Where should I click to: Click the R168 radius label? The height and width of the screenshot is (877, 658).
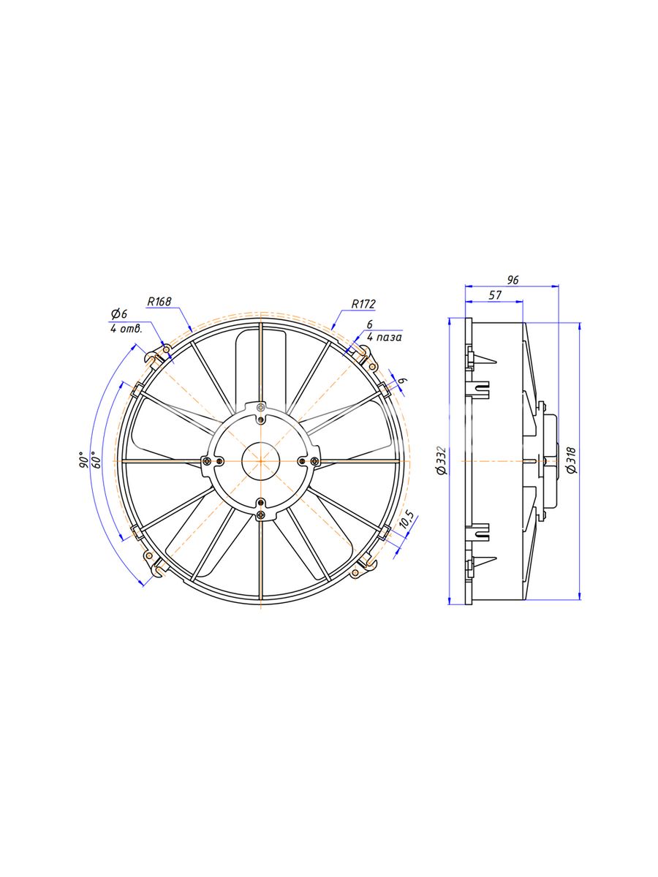point(159,302)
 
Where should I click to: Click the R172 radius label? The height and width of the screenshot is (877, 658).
point(363,304)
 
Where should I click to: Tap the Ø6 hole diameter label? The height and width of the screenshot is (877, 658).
point(119,314)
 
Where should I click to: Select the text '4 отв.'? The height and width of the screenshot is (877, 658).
point(126,329)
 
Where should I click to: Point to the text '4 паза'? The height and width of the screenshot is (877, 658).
point(384,337)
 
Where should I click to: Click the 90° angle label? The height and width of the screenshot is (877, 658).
point(83,460)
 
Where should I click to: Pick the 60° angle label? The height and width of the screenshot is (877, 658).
point(96,460)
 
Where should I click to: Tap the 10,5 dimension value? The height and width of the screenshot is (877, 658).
point(407,520)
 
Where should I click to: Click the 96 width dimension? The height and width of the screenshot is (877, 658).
point(513,280)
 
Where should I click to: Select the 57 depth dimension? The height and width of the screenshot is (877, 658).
point(495,295)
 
